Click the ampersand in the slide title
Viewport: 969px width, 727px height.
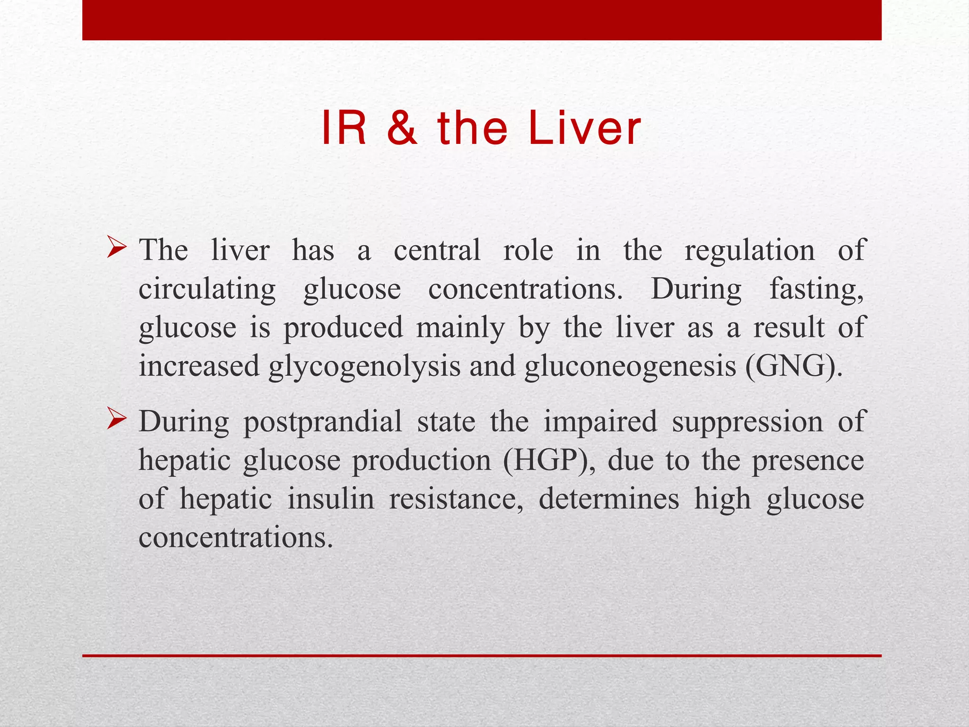coord(402,128)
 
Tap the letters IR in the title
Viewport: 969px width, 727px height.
coord(344,128)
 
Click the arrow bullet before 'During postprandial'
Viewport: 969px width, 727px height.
coord(116,418)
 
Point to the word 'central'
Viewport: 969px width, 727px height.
coord(437,250)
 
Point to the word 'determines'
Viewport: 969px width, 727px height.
coord(609,499)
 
